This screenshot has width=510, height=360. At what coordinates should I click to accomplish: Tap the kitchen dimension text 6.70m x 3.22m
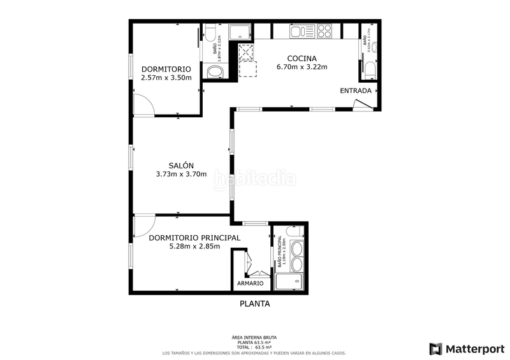pyautogui.click(x=302, y=67)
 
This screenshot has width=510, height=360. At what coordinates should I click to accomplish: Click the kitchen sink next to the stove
pyautogui.click(x=298, y=31)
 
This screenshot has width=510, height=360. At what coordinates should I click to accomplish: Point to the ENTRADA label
pyautogui.click(x=356, y=90)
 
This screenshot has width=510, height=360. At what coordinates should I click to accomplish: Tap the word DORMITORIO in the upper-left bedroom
pyautogui.click(x=166, y=69)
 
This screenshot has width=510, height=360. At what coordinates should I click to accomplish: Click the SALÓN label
pyautogui.click(x=181, y=164)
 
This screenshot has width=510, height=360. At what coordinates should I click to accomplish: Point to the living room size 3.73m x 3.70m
pyautogui.click(x=181, y=174)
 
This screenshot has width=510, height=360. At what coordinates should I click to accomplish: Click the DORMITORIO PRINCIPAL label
pyautogui.click(x=194, y=238)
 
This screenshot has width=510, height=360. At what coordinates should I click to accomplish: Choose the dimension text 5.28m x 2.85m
pyautogui.click(x=194, y=247)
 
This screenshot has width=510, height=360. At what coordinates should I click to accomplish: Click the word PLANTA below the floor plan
pyautogui.click(x=254, y=304)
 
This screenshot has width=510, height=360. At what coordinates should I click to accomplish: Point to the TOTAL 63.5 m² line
pyautogui.click(x=254, y=347)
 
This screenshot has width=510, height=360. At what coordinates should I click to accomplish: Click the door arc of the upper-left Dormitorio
pyautogui.click(x=144, y=104)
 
